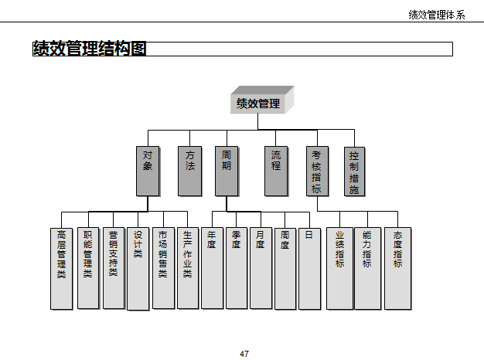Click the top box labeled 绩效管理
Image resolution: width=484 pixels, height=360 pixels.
259,104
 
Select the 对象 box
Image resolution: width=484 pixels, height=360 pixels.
148,171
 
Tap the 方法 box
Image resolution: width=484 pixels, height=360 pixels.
189,171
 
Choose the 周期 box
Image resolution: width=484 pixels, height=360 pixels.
227,171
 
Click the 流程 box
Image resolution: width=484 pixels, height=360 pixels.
276,171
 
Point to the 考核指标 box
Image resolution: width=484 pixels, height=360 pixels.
317,171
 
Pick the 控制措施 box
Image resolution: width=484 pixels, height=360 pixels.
353,171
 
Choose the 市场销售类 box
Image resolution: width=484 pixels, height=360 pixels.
162,267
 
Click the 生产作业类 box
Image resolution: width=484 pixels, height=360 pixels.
187,267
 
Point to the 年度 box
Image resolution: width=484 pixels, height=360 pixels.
212,267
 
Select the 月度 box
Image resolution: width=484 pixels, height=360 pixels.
261,267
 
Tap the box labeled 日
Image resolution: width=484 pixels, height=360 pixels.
309,267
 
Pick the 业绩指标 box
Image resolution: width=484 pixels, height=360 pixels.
339,267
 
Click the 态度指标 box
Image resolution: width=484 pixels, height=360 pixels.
397,267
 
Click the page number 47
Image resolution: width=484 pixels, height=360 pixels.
244,354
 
